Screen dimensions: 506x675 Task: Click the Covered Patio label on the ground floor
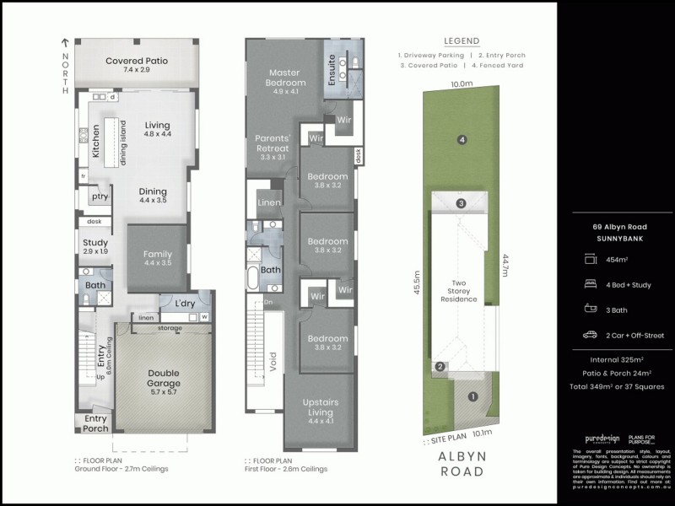pyautogui.click(x=138, y=62)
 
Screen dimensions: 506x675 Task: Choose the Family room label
pyautogui.click(x=157, y=255)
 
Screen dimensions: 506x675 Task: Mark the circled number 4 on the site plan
pyautogui.click(x=462, y=140)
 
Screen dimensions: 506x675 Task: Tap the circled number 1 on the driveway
pyautogui.click(x=472, y=397)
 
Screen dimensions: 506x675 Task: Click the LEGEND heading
pyautogui.click(x=461, y=40)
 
